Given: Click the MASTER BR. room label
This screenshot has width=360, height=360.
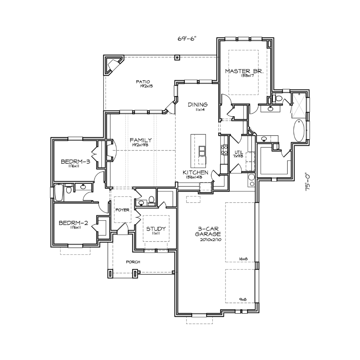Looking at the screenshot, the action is point(244,71).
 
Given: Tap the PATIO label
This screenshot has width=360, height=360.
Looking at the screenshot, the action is point(143,82).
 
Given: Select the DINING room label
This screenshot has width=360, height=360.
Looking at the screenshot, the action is point(198,105).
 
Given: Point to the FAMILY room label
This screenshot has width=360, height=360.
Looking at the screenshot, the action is point(141,140).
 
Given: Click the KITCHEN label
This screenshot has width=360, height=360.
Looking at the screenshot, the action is point(195,172).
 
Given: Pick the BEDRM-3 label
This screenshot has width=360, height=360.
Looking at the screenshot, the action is point(76,162).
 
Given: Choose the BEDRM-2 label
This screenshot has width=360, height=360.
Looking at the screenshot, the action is point(73,223).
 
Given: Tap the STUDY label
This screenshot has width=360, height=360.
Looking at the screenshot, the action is point(156,229).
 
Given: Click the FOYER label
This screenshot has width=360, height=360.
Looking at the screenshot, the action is point(122,210).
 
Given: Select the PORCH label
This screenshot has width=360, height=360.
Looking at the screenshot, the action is point(133,262).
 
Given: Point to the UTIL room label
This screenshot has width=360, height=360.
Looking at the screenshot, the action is point(239,152).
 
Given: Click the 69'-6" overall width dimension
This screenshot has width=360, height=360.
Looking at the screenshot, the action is point(188,39).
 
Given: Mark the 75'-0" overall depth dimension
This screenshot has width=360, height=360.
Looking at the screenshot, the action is point(307,182).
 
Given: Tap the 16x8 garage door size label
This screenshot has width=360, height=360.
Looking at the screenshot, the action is point(243,259).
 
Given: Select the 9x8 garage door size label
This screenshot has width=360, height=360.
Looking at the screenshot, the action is point(243,300).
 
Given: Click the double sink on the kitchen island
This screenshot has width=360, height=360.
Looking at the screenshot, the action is point(202,150).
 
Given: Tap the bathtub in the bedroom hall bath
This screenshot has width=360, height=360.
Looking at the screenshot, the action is point(59,192).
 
